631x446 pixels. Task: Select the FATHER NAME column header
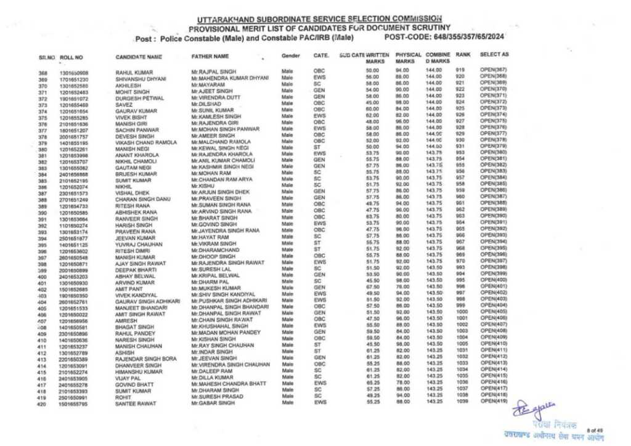[x=210, y=57]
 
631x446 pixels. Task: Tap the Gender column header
[x=290, y=56]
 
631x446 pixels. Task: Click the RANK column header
[x=463, y=55]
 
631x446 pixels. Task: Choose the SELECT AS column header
[x=494, y=55]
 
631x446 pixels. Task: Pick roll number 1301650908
[x=74, y=73]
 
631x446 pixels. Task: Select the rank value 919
[x=460, y=71]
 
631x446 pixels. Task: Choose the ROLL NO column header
[x=71, y=57]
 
